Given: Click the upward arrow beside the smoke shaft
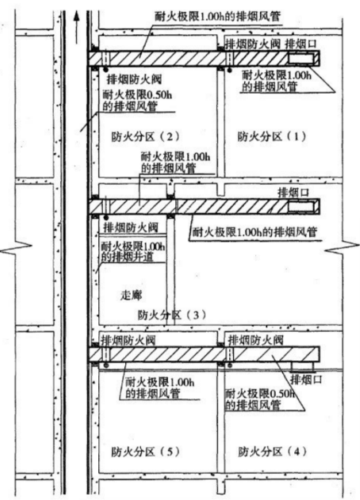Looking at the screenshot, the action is pyautogui.click(x=76, y=27).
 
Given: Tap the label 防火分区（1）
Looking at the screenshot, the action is pyautogui.click(x=272, y=136).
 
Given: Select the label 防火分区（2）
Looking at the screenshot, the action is pyautogui.click(x=146, y=136).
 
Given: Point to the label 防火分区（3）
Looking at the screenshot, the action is pyautogui.click(x=172, y=315).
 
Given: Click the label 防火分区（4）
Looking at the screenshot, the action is pyautogui.click(x=273, y=452).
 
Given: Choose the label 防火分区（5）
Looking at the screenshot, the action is pyautogui.click(x=146, y=452).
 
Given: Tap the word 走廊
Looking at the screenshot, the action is pyautogui.click(x=131, y=295).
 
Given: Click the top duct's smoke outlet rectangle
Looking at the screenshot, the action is pyautogui.click(x=301, y=59).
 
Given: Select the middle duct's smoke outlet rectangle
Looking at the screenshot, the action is pyautogui.click(x=301, y=207).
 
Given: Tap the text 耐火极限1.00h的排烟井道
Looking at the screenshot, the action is pyautogui.click(x=132, y=252).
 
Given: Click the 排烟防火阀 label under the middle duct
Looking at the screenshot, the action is pyautogui.click(x=131, y=227).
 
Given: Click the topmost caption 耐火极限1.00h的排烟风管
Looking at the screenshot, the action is pyautogui.click(x=217, y=17).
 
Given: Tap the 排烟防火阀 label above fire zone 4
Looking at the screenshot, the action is pyautogui.click(x=255, y=340).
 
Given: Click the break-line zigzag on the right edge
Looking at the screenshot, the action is pyautogui.click(x=342, y=248).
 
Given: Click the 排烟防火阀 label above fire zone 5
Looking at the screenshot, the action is pyautogui.click(x=128, y=340).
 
